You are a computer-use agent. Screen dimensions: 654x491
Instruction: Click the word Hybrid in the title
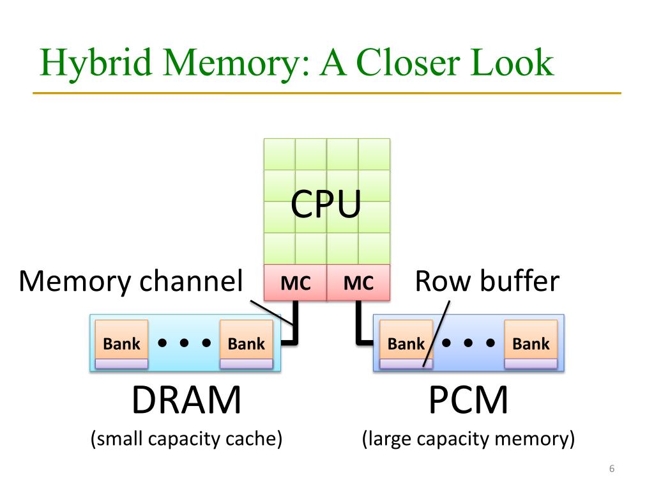coord(95,63)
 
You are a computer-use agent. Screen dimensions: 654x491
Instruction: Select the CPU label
coord(326,204)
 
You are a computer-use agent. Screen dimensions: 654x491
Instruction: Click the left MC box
coord(295,282)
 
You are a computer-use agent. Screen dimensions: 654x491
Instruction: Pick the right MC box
coord(358,282)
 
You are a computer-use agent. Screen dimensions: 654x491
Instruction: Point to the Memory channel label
coord(131,281)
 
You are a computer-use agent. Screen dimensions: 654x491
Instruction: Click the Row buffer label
coord(487,281)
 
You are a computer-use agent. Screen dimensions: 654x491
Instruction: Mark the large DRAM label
coord(186,400)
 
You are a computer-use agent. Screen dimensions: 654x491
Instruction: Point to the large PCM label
coord(468,400)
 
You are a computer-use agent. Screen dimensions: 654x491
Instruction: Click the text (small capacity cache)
coord(186,439)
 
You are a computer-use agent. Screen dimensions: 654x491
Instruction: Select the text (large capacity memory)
coord(468,439)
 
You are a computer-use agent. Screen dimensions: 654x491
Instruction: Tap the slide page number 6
coord(612,469)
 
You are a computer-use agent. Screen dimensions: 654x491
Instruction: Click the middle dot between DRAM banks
coord(185,343)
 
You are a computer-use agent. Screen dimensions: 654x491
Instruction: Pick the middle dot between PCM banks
coord(468,343)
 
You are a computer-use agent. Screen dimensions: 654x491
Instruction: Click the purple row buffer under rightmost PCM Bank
coord(531,364)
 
